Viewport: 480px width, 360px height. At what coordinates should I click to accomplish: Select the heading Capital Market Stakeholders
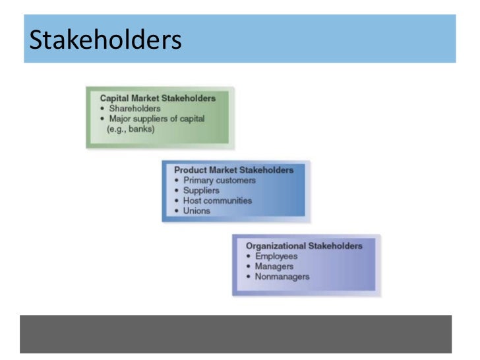[x=158, y=98]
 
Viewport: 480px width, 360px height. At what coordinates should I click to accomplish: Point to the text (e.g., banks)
[x=131, y=129]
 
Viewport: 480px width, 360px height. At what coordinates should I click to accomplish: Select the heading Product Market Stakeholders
[x=233, y=170]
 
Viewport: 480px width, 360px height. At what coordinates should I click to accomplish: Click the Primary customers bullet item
[x=219, y=180]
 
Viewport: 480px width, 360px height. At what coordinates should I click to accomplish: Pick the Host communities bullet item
[x=217, y=200]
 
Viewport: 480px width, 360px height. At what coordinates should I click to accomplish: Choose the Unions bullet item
[x=196, y=211]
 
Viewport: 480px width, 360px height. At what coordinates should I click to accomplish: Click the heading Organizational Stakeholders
[x=304, y=246]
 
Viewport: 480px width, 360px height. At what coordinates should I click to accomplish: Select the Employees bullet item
[x=276, y=256]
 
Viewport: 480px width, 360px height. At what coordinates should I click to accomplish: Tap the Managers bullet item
[x=274, y=266]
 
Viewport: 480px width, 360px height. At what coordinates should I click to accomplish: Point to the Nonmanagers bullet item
[x=282, y=276]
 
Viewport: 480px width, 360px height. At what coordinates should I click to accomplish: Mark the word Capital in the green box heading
[x=115, y=98]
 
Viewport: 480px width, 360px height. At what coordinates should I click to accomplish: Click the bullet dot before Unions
[x=176, y=211]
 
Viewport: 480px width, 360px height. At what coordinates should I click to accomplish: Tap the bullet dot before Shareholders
[x=102, y=109]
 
